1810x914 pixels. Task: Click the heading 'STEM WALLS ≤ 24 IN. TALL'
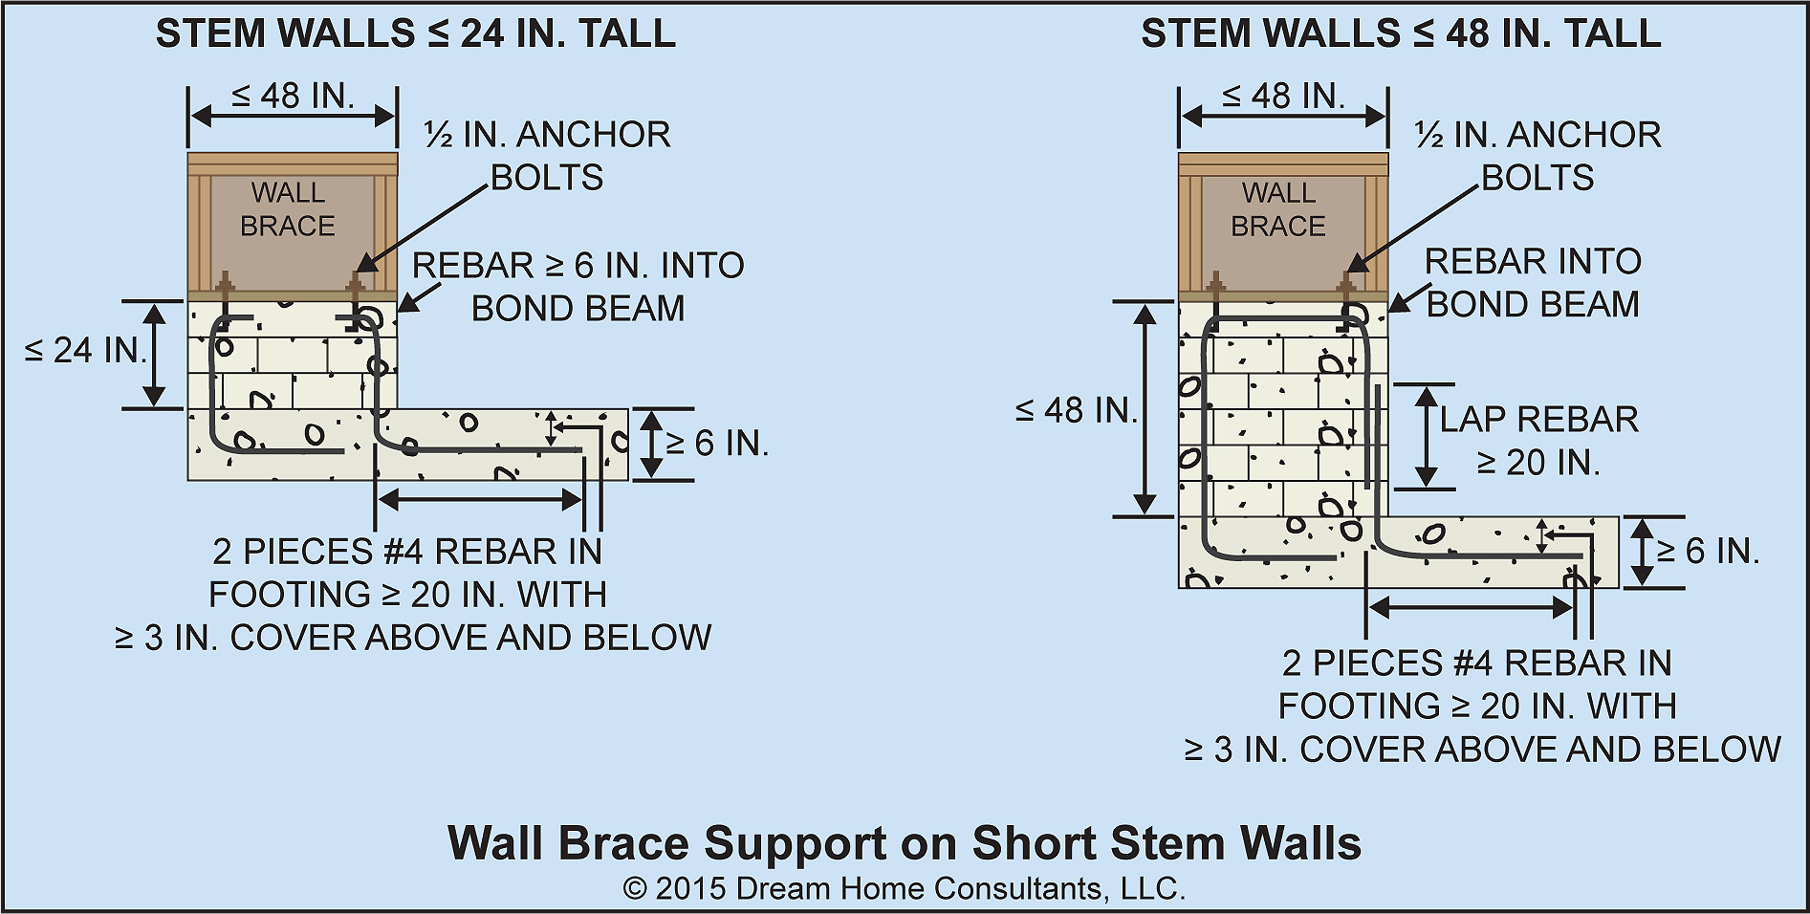(416, 34)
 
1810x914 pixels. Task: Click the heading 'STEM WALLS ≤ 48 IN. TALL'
(1401, 34)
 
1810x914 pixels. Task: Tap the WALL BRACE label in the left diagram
(288, 209)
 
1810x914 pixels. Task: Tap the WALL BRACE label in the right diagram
(1278, 209)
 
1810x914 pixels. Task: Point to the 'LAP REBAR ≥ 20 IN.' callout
(1538, 441)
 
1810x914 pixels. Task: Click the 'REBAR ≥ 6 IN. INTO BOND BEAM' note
(578, 287)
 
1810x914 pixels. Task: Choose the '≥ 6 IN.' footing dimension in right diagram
(1708, 552)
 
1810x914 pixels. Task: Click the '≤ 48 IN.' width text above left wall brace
(293, 96)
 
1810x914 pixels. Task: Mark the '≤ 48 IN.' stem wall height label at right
(1076, 411)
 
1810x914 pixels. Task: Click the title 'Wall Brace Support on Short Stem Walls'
(905, 843)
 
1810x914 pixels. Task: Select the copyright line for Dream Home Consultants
(905, 889)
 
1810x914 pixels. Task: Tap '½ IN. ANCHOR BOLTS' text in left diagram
(547, 156)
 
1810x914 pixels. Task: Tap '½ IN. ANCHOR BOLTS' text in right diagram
(1537, 156)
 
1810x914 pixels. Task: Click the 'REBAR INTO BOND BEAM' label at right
(1533, 283)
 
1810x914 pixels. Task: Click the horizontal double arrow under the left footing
(480, 498)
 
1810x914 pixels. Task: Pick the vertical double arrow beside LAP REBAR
(1426, 436)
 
